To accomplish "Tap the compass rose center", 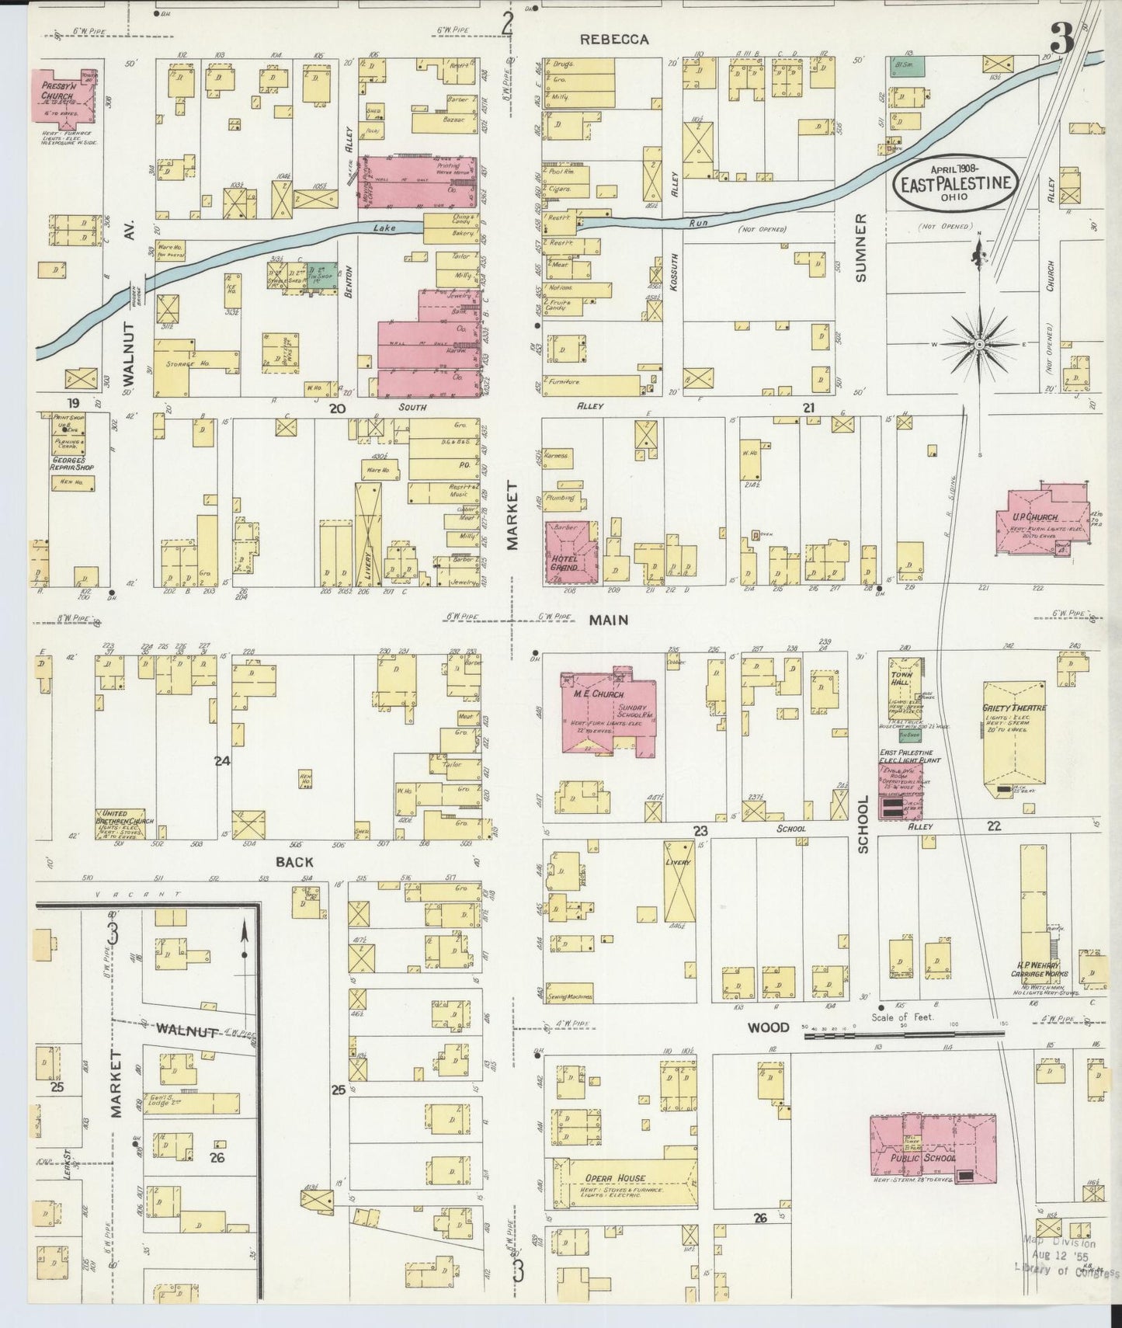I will (980, 342).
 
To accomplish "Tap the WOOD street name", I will (768, 1027).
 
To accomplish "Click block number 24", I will (223, 761).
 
